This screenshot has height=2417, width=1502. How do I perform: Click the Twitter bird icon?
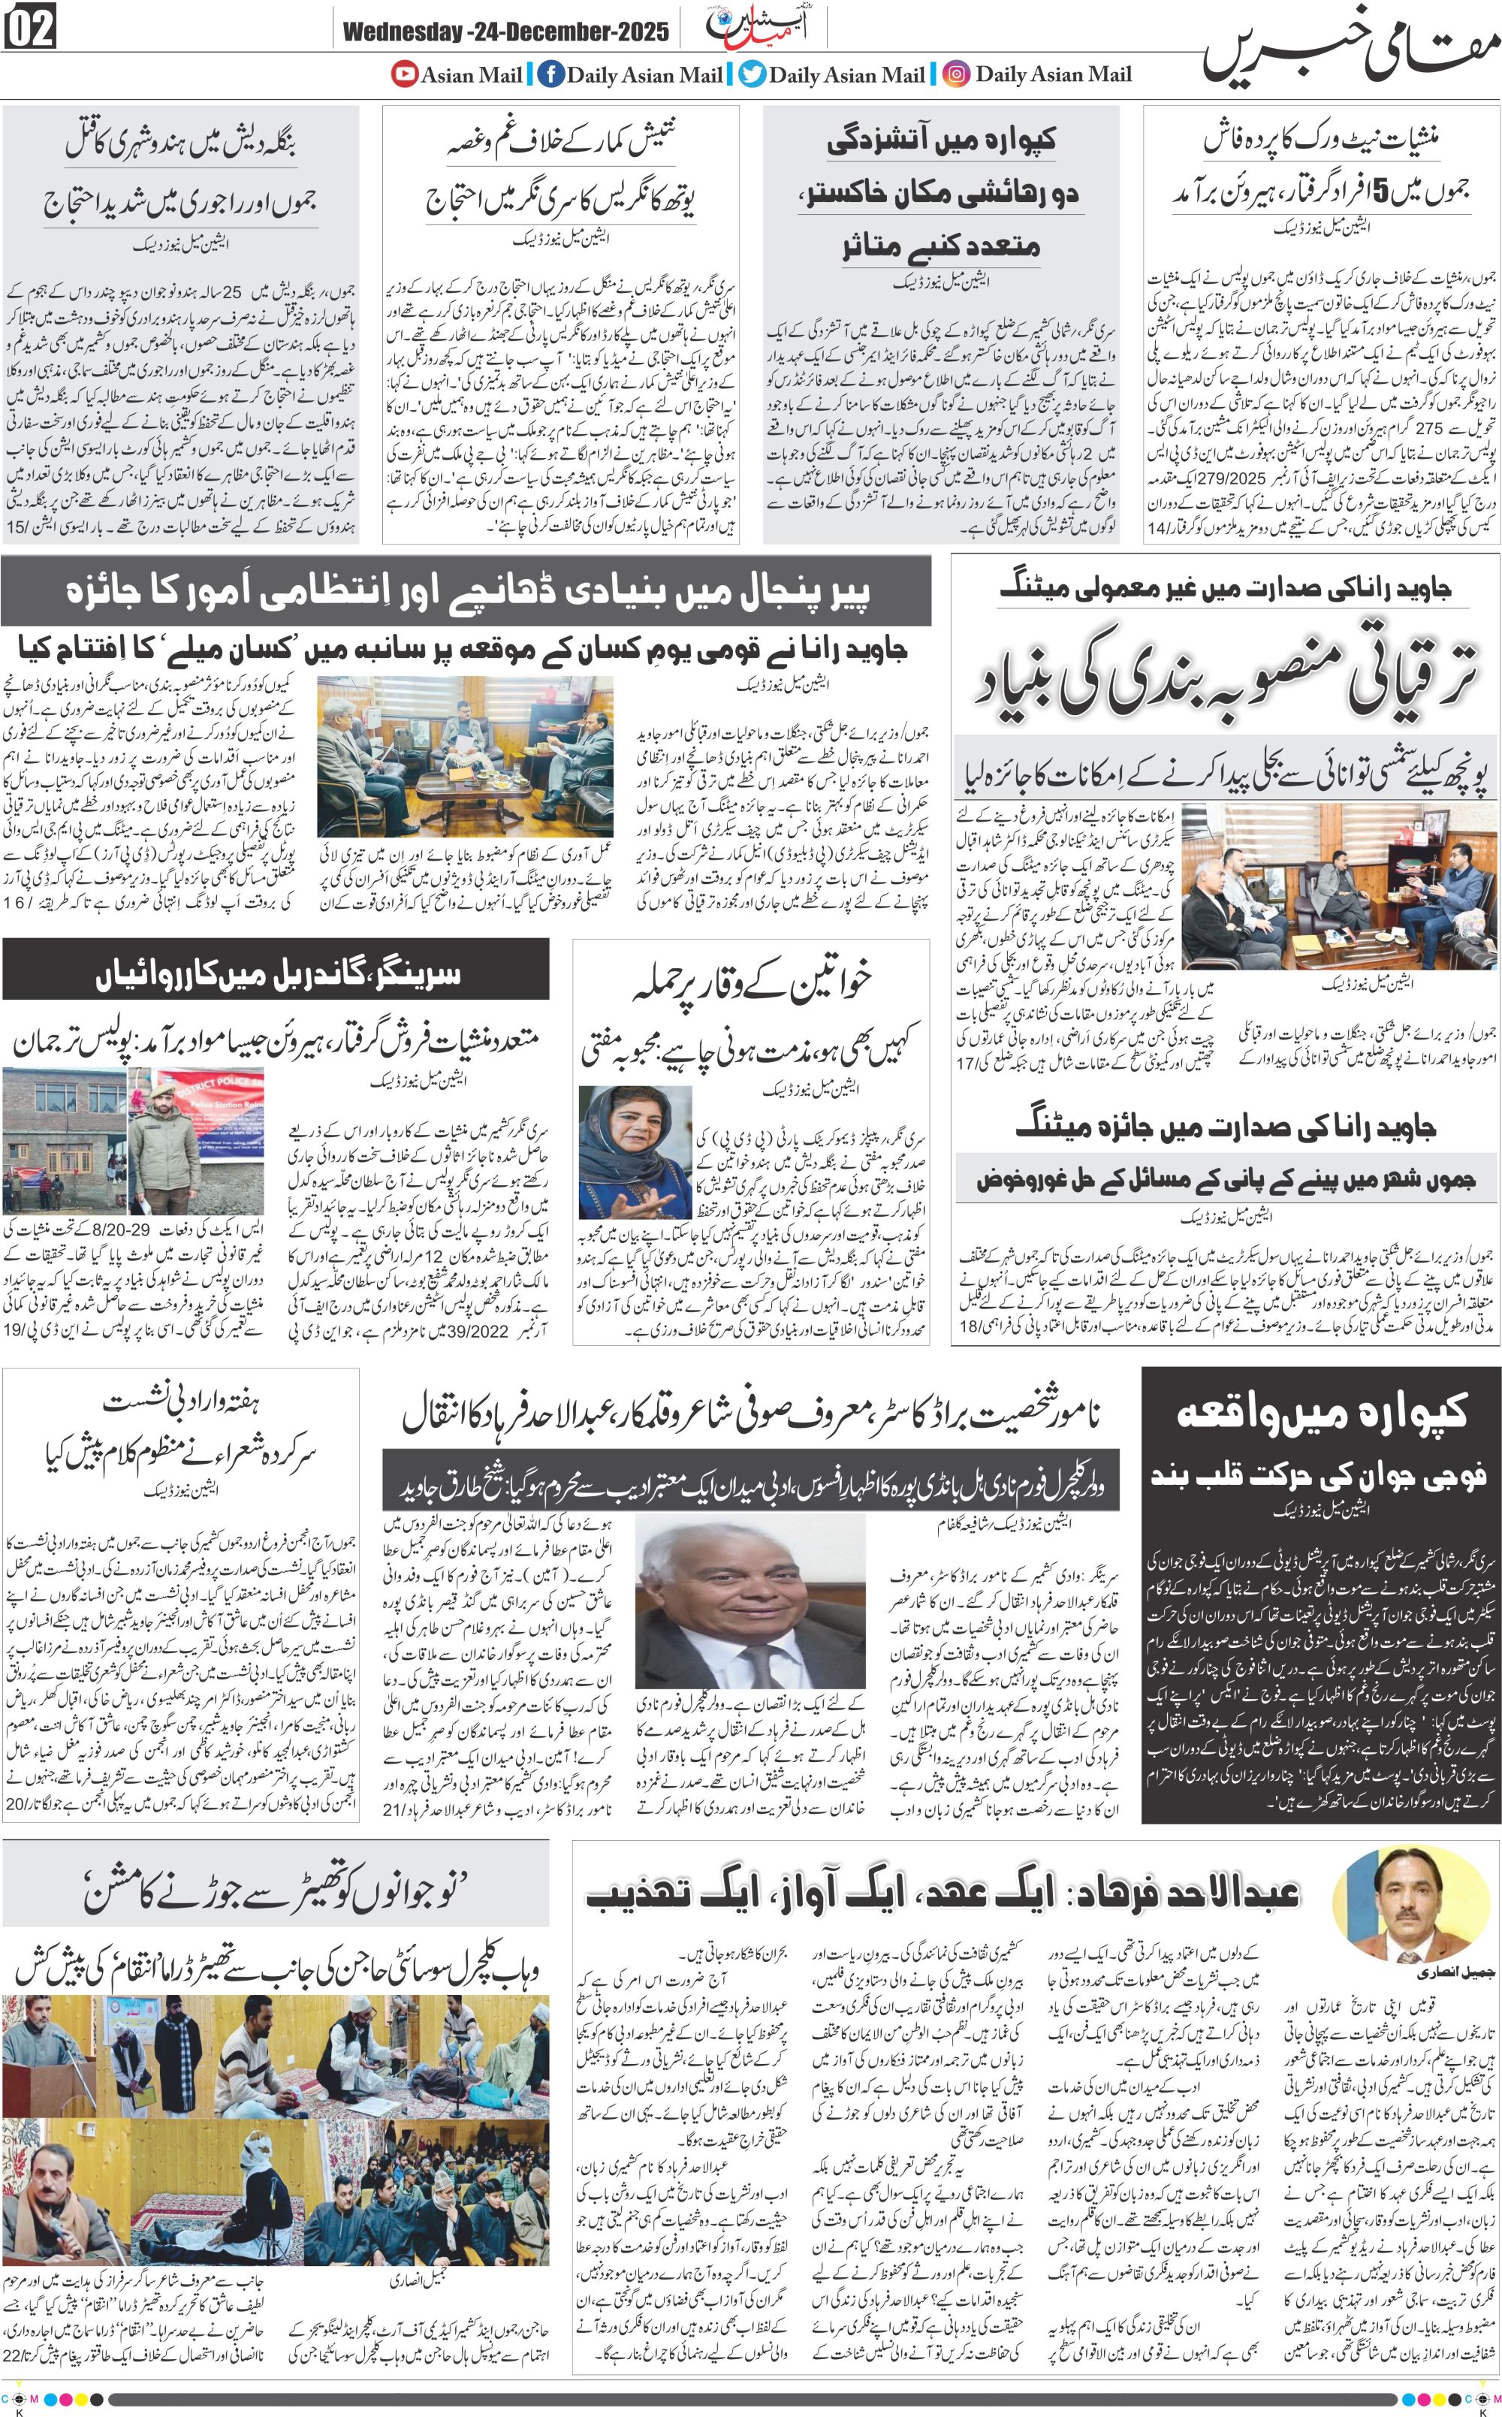coord(752,74)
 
